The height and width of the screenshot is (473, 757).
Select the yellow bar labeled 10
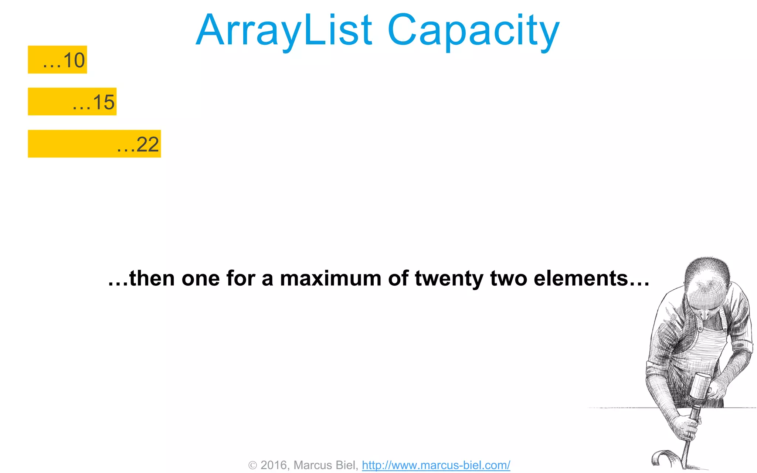click(57, 59)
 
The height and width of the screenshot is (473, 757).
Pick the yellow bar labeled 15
click(72, 102)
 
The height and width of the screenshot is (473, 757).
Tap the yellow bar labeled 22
click(94, 144)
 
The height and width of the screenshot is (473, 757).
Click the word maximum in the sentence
click(330, 278)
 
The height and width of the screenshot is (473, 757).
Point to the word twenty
click(449, 279)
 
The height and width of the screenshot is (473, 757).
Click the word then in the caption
click(152, 278)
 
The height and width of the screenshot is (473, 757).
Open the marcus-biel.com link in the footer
click(436, 465)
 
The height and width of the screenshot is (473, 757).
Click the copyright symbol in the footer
click(252, 465)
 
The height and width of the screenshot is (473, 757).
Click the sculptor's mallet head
click(699, 385)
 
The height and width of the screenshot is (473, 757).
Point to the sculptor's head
click(706, 285)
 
